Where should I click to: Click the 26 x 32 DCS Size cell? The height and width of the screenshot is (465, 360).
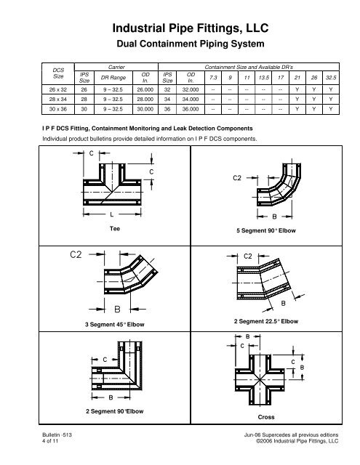click(x=58, y=89)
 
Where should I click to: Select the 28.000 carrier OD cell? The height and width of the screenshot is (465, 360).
click(x=145, y=100)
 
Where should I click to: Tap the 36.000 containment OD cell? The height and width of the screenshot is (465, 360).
click(x=191, y=109)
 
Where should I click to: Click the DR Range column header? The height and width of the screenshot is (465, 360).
click(x=113, y=78)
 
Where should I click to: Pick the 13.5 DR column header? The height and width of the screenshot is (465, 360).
click(x=263, y=78)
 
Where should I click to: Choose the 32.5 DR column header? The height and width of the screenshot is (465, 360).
click(x=331, y=78)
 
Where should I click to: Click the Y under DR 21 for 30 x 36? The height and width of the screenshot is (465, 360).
click(x=297, y=109)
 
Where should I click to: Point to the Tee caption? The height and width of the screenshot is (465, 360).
click(x=115, y=229)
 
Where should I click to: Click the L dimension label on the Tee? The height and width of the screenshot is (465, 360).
click(x=111, y=214)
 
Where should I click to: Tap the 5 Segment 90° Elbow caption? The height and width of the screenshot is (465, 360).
click(x=266, y=230)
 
